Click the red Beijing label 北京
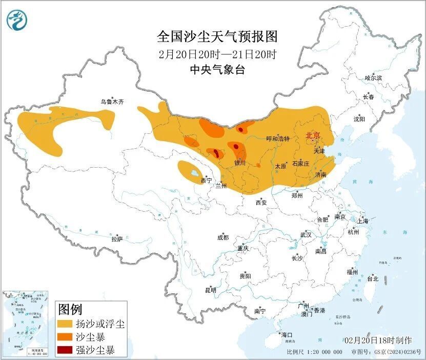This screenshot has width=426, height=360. point(313,135)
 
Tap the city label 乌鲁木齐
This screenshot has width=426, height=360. point(112,102)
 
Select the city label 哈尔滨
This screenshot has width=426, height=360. point(373,78)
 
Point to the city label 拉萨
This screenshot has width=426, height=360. point(117,239)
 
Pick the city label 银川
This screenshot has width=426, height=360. point(240,163)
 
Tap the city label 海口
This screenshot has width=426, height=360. point(287,335)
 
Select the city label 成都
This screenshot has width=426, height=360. point(223,237)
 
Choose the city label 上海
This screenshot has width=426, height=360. point(363,221)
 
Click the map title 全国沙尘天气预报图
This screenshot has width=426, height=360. point(217,37)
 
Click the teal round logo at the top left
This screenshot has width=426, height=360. point(17,20)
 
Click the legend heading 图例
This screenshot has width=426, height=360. point(70,310)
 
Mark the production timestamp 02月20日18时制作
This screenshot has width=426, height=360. point(378,340)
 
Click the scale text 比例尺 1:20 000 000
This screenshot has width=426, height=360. point(315,352)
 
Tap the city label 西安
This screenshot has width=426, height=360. point(261,203)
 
